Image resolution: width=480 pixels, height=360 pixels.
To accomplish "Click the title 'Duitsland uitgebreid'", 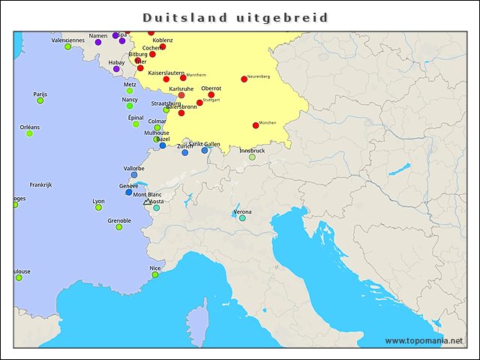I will (235, 17).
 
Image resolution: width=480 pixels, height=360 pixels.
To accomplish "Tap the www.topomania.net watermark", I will (424, 340).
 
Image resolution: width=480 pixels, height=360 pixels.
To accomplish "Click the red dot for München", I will (256, 125).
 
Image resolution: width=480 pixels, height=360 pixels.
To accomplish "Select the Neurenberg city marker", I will (244, 79).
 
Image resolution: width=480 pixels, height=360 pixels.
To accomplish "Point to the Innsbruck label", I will (252, 150).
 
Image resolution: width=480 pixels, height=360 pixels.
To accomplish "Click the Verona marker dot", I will (242, 217).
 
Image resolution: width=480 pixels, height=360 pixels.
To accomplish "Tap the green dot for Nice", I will (155, 274).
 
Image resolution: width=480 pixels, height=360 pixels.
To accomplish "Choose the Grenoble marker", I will (118, 226).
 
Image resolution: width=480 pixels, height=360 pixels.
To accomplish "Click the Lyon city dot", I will (98, 207).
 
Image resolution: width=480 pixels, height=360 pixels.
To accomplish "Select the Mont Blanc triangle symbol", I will (147, 202).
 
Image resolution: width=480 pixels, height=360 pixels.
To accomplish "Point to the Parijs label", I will (40, 94).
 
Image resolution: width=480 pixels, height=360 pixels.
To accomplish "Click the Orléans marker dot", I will (29, 133).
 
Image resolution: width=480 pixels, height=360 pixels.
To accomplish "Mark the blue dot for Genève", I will (129, 192).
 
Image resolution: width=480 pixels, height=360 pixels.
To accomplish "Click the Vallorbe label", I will (133, 168).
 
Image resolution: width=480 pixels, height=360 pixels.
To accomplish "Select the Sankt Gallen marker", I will (205, 150).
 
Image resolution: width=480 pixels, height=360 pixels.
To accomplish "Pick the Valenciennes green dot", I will (67, 46).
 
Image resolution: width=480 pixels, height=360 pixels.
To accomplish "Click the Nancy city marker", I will (129, 106).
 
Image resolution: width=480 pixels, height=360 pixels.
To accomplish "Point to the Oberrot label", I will (211, 88).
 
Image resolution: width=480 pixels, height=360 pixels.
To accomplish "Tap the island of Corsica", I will (196, 316).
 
